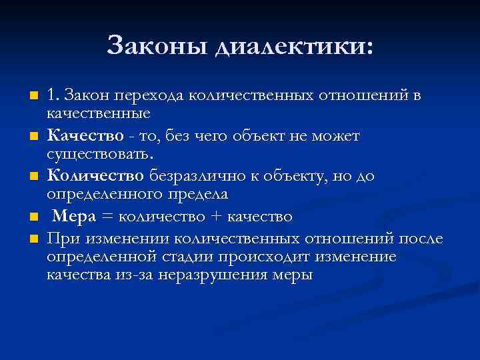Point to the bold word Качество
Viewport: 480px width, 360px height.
tap(85, 137)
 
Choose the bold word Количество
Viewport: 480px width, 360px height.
tap(95, 176)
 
